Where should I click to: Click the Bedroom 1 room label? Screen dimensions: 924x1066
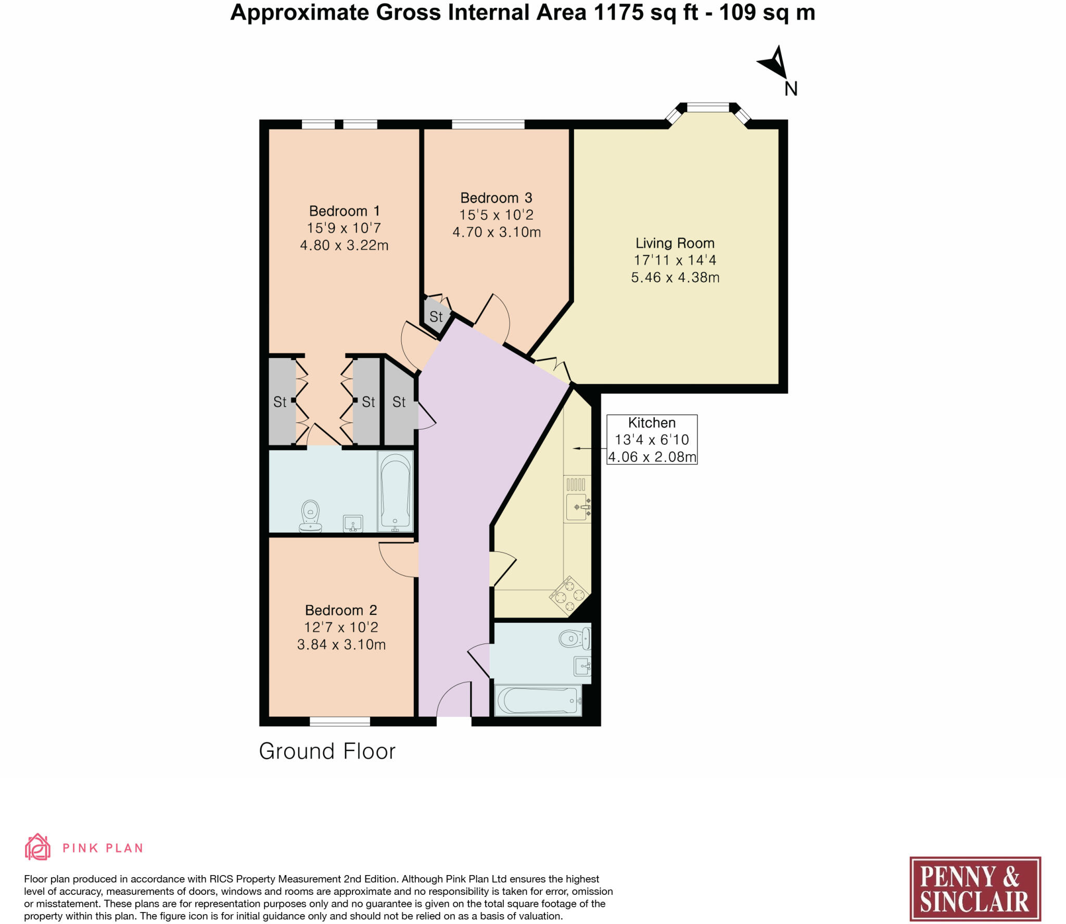pos(344,211)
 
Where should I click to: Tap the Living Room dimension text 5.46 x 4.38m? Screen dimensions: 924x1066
pos(675,277)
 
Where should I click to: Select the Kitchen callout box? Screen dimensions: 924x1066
pos(652,439)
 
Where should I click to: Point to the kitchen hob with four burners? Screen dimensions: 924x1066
pos(569,596)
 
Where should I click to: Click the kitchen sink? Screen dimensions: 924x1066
pos(578,506)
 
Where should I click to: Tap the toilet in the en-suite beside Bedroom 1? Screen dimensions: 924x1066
pos(311,516)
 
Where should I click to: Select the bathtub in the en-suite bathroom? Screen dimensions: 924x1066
pos(396,491)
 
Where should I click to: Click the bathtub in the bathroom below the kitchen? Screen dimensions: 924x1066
pos(538,700)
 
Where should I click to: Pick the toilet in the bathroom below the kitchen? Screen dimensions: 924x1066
pos(574,638)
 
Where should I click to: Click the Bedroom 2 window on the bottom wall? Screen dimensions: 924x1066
pos(339,721)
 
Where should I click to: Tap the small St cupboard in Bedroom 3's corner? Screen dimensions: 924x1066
pos(436,316)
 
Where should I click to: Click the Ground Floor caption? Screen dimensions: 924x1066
pos(327,751)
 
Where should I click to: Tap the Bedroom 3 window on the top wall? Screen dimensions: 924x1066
pos(488,124)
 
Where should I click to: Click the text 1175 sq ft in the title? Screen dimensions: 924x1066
pos(646,12)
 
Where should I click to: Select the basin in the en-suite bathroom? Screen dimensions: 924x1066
pos(353,523)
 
